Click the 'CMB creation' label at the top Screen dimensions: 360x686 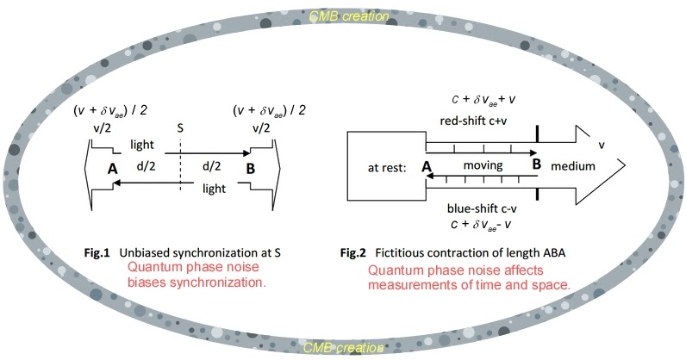pyautogui.click(x=343, y=15)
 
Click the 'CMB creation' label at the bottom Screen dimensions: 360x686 pyautogui.click(x=343, y=347)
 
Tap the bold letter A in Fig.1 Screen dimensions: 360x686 pyautogui.click(x=111, y=170)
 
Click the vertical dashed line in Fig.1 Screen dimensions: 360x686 pyautogui.click(x=179, y=172)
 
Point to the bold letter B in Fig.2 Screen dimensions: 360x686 pyautogui.click(x=537, y=164)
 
